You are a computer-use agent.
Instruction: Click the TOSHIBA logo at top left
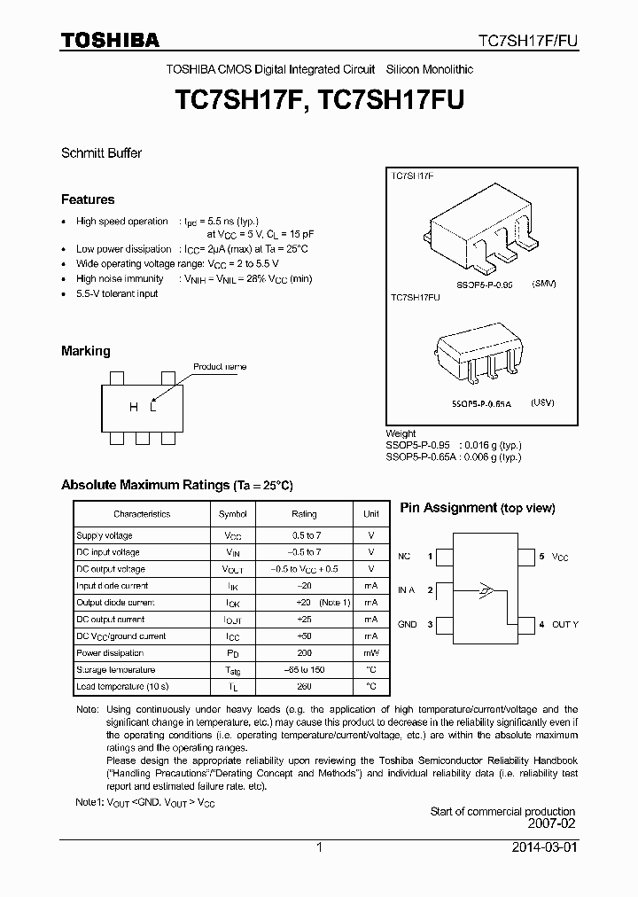110,40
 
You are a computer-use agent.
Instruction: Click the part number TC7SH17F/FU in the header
528,41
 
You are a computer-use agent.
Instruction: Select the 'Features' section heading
88,199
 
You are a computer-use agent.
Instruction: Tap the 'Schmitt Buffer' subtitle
101,152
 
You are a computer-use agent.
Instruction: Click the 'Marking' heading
86,351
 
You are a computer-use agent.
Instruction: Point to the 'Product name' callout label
220,366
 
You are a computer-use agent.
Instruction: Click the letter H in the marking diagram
134,407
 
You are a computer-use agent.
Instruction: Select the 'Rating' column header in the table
304,514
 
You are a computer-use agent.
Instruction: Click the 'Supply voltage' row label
105,535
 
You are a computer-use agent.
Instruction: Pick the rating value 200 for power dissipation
304,653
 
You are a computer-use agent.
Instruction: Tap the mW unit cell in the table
371,653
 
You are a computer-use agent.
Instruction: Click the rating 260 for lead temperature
304,687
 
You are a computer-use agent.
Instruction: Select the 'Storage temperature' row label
116,670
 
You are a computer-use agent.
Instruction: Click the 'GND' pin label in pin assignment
407,625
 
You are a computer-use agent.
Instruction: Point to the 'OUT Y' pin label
564,625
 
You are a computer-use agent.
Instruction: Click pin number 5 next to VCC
541,557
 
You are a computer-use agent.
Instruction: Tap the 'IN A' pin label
407,589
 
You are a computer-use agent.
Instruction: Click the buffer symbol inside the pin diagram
485,589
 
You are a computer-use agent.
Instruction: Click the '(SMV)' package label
543,284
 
